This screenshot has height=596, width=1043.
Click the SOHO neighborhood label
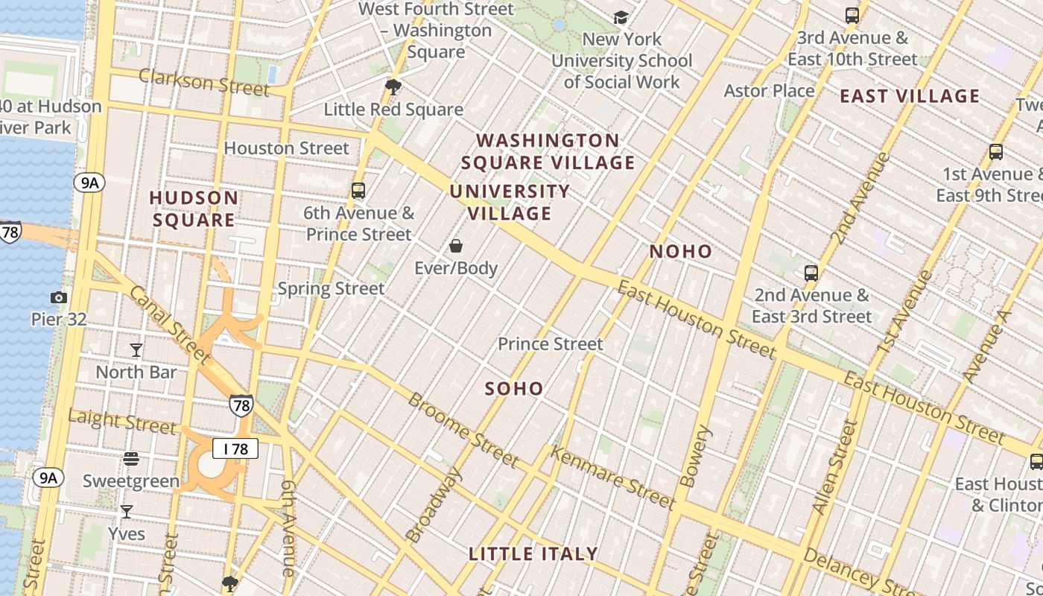(x=514, y=389)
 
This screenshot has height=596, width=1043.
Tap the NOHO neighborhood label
(x=681, y=252)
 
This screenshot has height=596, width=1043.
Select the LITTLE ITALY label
(x=533, y=554)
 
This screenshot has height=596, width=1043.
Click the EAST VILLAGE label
(x=910, y=96)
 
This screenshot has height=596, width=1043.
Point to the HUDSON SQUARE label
(x=194, y=209)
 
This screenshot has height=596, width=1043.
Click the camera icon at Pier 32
(x=59, y=297)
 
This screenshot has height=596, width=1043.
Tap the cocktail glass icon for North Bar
(x=136, y=349)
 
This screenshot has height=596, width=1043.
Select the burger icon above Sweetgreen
(x=131, y=459)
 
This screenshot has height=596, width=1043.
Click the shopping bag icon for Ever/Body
(x=456, y=246)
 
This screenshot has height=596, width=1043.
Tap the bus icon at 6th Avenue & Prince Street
(x=358, y=191)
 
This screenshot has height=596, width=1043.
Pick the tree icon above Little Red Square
(x=393, y=87)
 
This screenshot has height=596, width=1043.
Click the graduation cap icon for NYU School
(x=621, y=17)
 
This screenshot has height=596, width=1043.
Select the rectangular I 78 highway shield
(x=235, y=448)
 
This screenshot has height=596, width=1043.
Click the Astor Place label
(x=769, y=91)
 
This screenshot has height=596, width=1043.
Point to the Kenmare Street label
(x=612, y=478)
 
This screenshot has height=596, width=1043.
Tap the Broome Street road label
(x=463, y=430)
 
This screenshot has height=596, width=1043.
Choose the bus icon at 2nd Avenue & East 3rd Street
(x=811, y=273)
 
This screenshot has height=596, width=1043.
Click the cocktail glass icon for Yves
(x=127, y=512)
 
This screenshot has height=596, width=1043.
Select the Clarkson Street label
(x=203, y=82)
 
